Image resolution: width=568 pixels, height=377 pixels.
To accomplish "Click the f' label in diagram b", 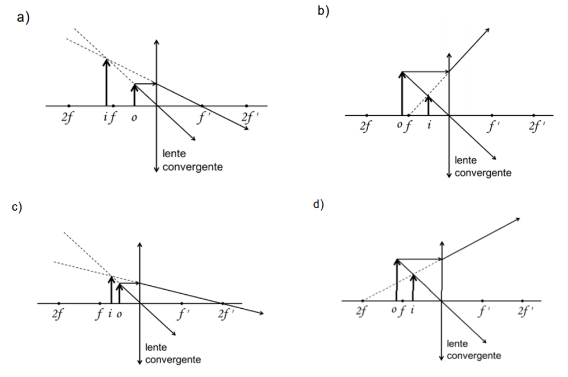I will click(x=493, y=127).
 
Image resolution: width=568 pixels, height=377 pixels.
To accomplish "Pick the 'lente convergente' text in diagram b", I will click(x=482, y=167).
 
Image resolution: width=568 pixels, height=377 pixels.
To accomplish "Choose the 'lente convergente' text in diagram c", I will click(x=172, y=354).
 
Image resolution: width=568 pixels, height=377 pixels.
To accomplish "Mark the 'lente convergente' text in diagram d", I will click(x=473, y=349).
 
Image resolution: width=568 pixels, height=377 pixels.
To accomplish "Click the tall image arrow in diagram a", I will click(x=106, y=81).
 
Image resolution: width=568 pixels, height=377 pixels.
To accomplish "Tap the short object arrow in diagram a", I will click(x=134, y=95).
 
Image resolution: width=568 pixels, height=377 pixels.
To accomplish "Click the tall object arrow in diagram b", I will click(x=402, y=92).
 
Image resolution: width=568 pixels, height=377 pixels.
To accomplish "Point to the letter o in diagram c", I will click(x=119, y=314).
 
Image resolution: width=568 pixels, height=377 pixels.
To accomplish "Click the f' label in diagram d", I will click(x=483, y=312).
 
